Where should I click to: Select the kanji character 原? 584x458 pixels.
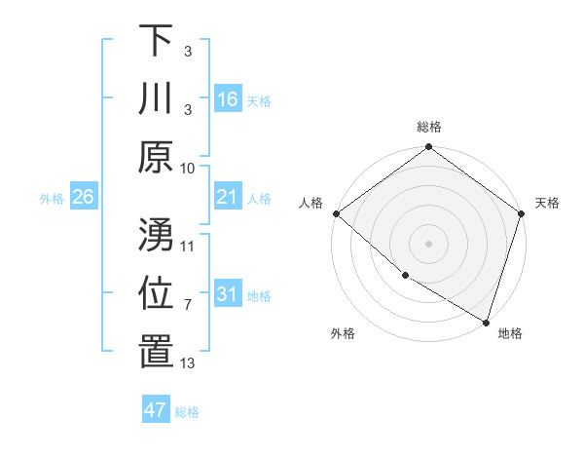pos(155,156)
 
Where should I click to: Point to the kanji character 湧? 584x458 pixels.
pos(155,235)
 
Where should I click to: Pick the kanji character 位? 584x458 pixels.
pos(155,293)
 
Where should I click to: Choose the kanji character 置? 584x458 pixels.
pos(155,351)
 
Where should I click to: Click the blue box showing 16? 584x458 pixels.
pos(227,99)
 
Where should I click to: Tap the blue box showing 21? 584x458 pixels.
pos(227,198)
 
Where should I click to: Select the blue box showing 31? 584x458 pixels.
pos(227,295)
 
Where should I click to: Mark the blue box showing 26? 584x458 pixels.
pos(83,198)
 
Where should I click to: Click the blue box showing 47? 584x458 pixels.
pos(155,410)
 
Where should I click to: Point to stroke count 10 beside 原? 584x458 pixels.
pos(188,168)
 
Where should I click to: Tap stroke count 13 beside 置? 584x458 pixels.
pos(188,363)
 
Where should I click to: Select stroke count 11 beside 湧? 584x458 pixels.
pos(188,247)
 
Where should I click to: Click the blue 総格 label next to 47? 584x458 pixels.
pos(187,412)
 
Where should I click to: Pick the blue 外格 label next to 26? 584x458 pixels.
pos(52,199)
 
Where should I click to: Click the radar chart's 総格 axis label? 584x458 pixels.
pos(428,127)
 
